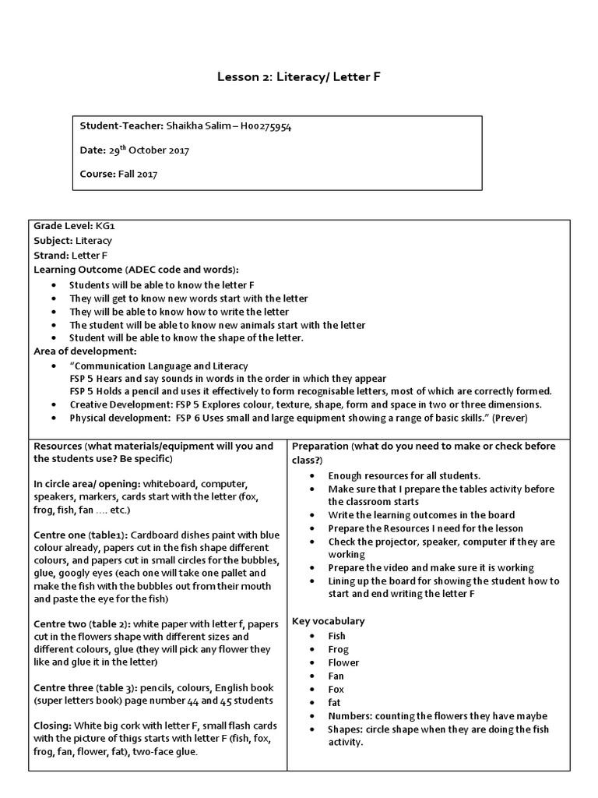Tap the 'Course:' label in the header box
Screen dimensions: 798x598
pos(97,174)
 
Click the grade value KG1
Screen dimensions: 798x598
pos(105,227)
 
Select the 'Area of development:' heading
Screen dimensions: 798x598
pos(85,351)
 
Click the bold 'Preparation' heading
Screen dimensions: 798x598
pos(320,446)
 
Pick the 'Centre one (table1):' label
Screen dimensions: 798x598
pos(81,535)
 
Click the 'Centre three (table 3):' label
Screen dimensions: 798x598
pos(87,689)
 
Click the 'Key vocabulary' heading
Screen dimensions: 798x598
pos(328,621)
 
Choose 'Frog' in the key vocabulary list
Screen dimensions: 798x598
pos(338,649)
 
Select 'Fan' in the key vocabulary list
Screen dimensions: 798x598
pos(336,676)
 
